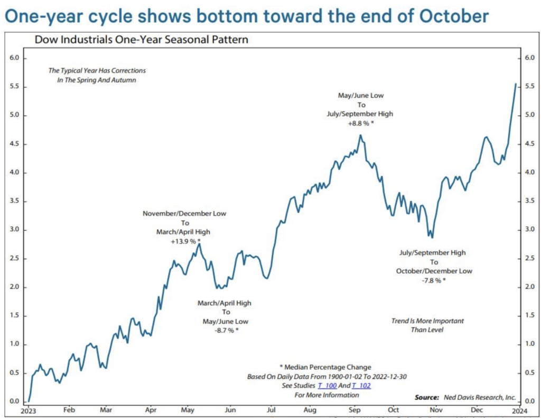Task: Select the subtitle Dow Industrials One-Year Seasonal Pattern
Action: point(141,39)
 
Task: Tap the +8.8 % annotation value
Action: point(360,123)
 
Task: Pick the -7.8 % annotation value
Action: point(433,280)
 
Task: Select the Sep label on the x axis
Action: point(354,410)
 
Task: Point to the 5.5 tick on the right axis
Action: point(530,87)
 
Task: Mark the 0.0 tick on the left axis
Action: point(14,401)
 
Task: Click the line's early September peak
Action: point(360,135)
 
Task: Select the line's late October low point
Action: point(432,238)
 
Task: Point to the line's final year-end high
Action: point(516,84)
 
